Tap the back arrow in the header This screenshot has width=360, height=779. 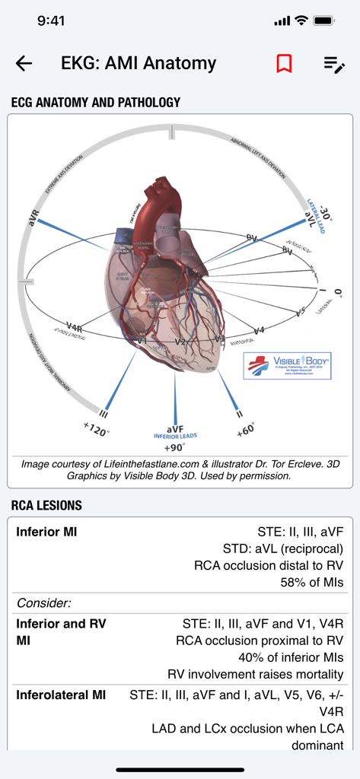pyautogui.click(x=24, y=64)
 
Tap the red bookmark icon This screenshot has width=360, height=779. pyautogui.click(x=284, y=64)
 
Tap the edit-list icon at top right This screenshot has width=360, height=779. pyautogui.click(x=334, y=65)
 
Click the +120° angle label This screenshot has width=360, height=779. pyautogui.click(x=97, y=431)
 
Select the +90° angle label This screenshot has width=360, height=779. pyautogui.click(x=177, y=447)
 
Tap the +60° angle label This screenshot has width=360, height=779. pyautogui.click(x=246, y=430)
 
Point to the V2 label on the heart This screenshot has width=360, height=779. pyautogui.click(x=180, y=342)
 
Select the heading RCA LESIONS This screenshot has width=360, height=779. pyautogui.click(x=46, y=505)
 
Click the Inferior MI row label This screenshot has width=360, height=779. pyautogui.click(x=46, y=532)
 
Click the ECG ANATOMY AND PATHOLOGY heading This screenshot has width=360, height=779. pyautogui.click(x=96, y=102)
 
